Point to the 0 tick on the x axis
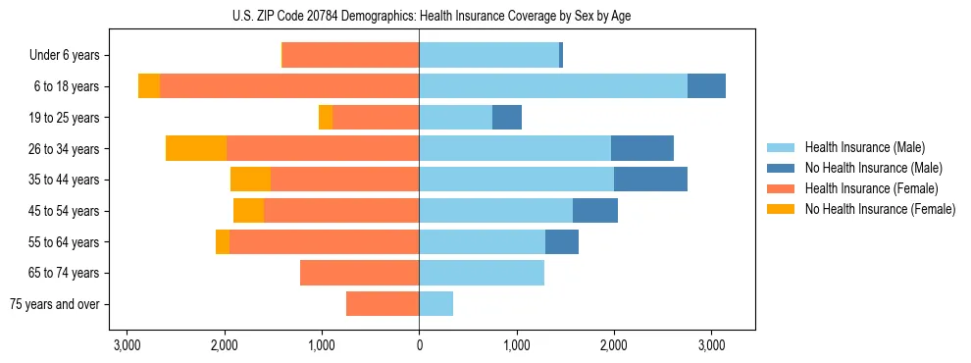click(x=419, y=345)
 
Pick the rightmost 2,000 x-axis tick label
click(x=614, y=345)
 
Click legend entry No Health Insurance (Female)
click(x=880, y=209)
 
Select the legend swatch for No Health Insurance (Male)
click(x=782, y=168)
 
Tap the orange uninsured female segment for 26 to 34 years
click(x=196, y=148)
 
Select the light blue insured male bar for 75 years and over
click(x=435, y=304)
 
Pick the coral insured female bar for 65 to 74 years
click(x=359, y=273)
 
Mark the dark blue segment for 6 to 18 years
click(x=706, y=86)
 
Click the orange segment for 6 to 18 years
click(x=149, y=86)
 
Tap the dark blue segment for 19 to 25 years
click(x=507, y=118)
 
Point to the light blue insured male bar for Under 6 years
click(x=488, y=55)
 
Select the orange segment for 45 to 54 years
click(x=248, y=211)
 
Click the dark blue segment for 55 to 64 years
click(x=562, y=241)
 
